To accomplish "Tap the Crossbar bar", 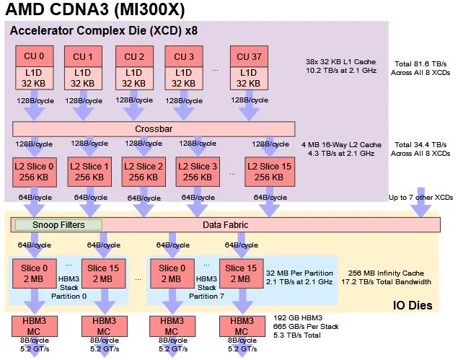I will [154, 128].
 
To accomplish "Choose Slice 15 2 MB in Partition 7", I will [242, 273].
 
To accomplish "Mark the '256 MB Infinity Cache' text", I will [384, 273].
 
